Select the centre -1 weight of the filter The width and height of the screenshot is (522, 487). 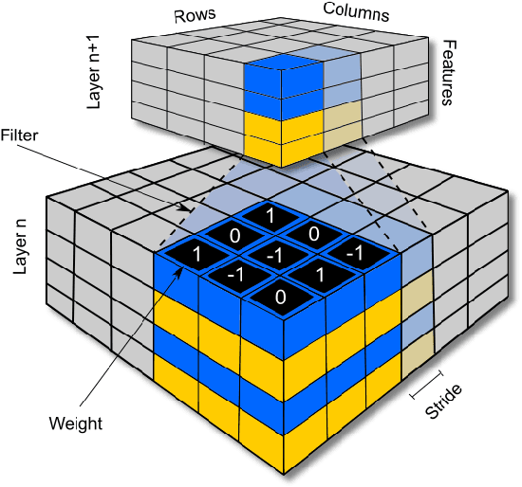point(273,254)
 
